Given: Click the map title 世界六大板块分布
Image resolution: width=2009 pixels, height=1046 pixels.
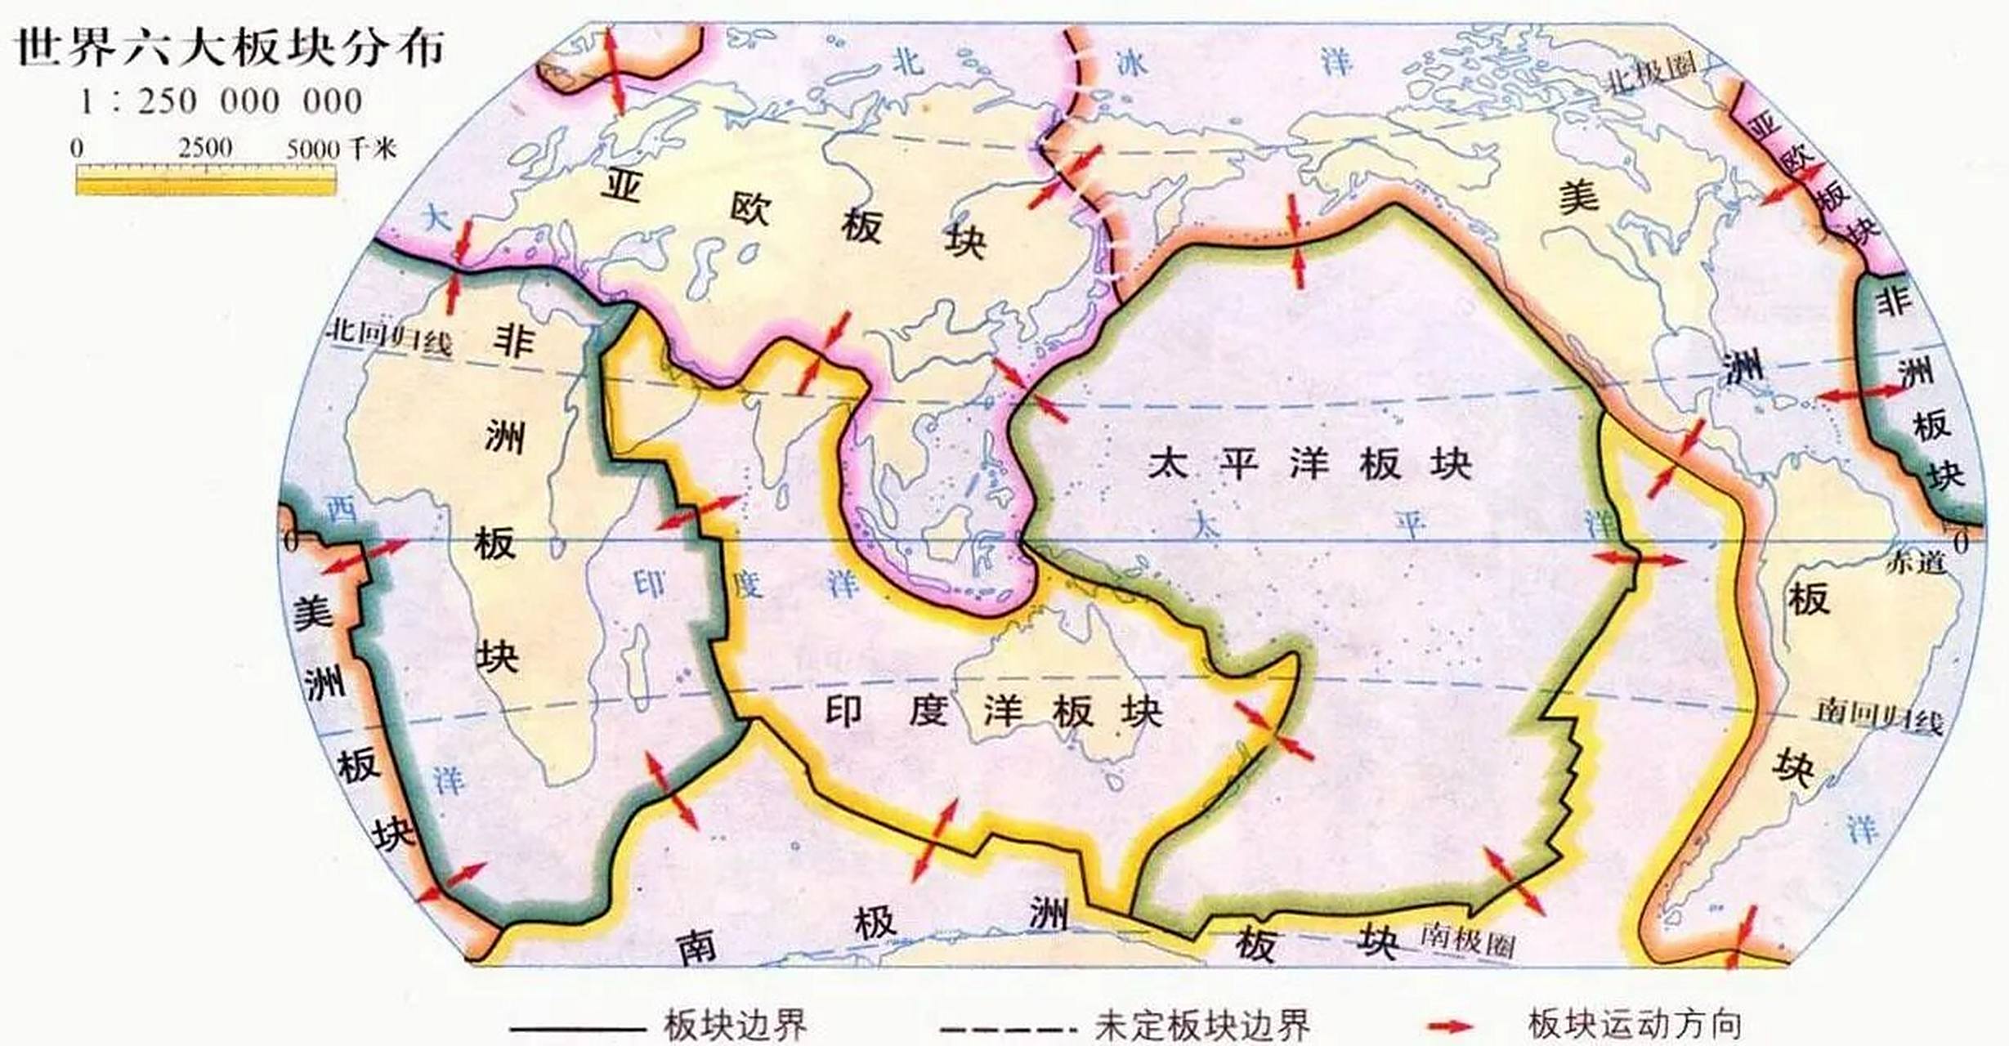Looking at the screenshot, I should (230, 47).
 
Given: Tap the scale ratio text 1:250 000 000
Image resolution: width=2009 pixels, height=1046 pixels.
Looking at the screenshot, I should (221, 102).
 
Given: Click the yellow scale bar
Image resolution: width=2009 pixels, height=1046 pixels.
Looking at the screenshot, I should (206, 180).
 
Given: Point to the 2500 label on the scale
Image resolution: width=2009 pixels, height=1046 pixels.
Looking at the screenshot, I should (205, 148).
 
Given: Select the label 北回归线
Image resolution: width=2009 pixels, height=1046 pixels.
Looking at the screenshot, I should (390, 337).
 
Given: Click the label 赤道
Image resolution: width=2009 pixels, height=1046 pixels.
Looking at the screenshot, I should (1917, 562).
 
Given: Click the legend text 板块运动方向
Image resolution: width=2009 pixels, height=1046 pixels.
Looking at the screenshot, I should (1635, 1025).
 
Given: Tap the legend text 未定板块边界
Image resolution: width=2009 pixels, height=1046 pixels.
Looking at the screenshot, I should (1201, 1025).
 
